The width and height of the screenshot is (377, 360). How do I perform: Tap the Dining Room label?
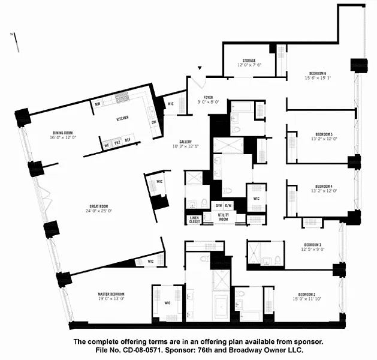[x=63, y=133]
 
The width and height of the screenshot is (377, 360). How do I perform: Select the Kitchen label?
[x=123, y=118]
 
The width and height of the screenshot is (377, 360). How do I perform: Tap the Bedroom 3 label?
[x=312, y=245]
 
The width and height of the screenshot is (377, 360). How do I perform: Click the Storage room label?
[x=249, y=61]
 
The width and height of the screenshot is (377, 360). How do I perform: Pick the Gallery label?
[x=184, y=142]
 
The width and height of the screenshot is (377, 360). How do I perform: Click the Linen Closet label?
[x=194, y=219]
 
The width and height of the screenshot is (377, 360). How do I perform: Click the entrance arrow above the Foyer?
[x=201, y=70]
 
